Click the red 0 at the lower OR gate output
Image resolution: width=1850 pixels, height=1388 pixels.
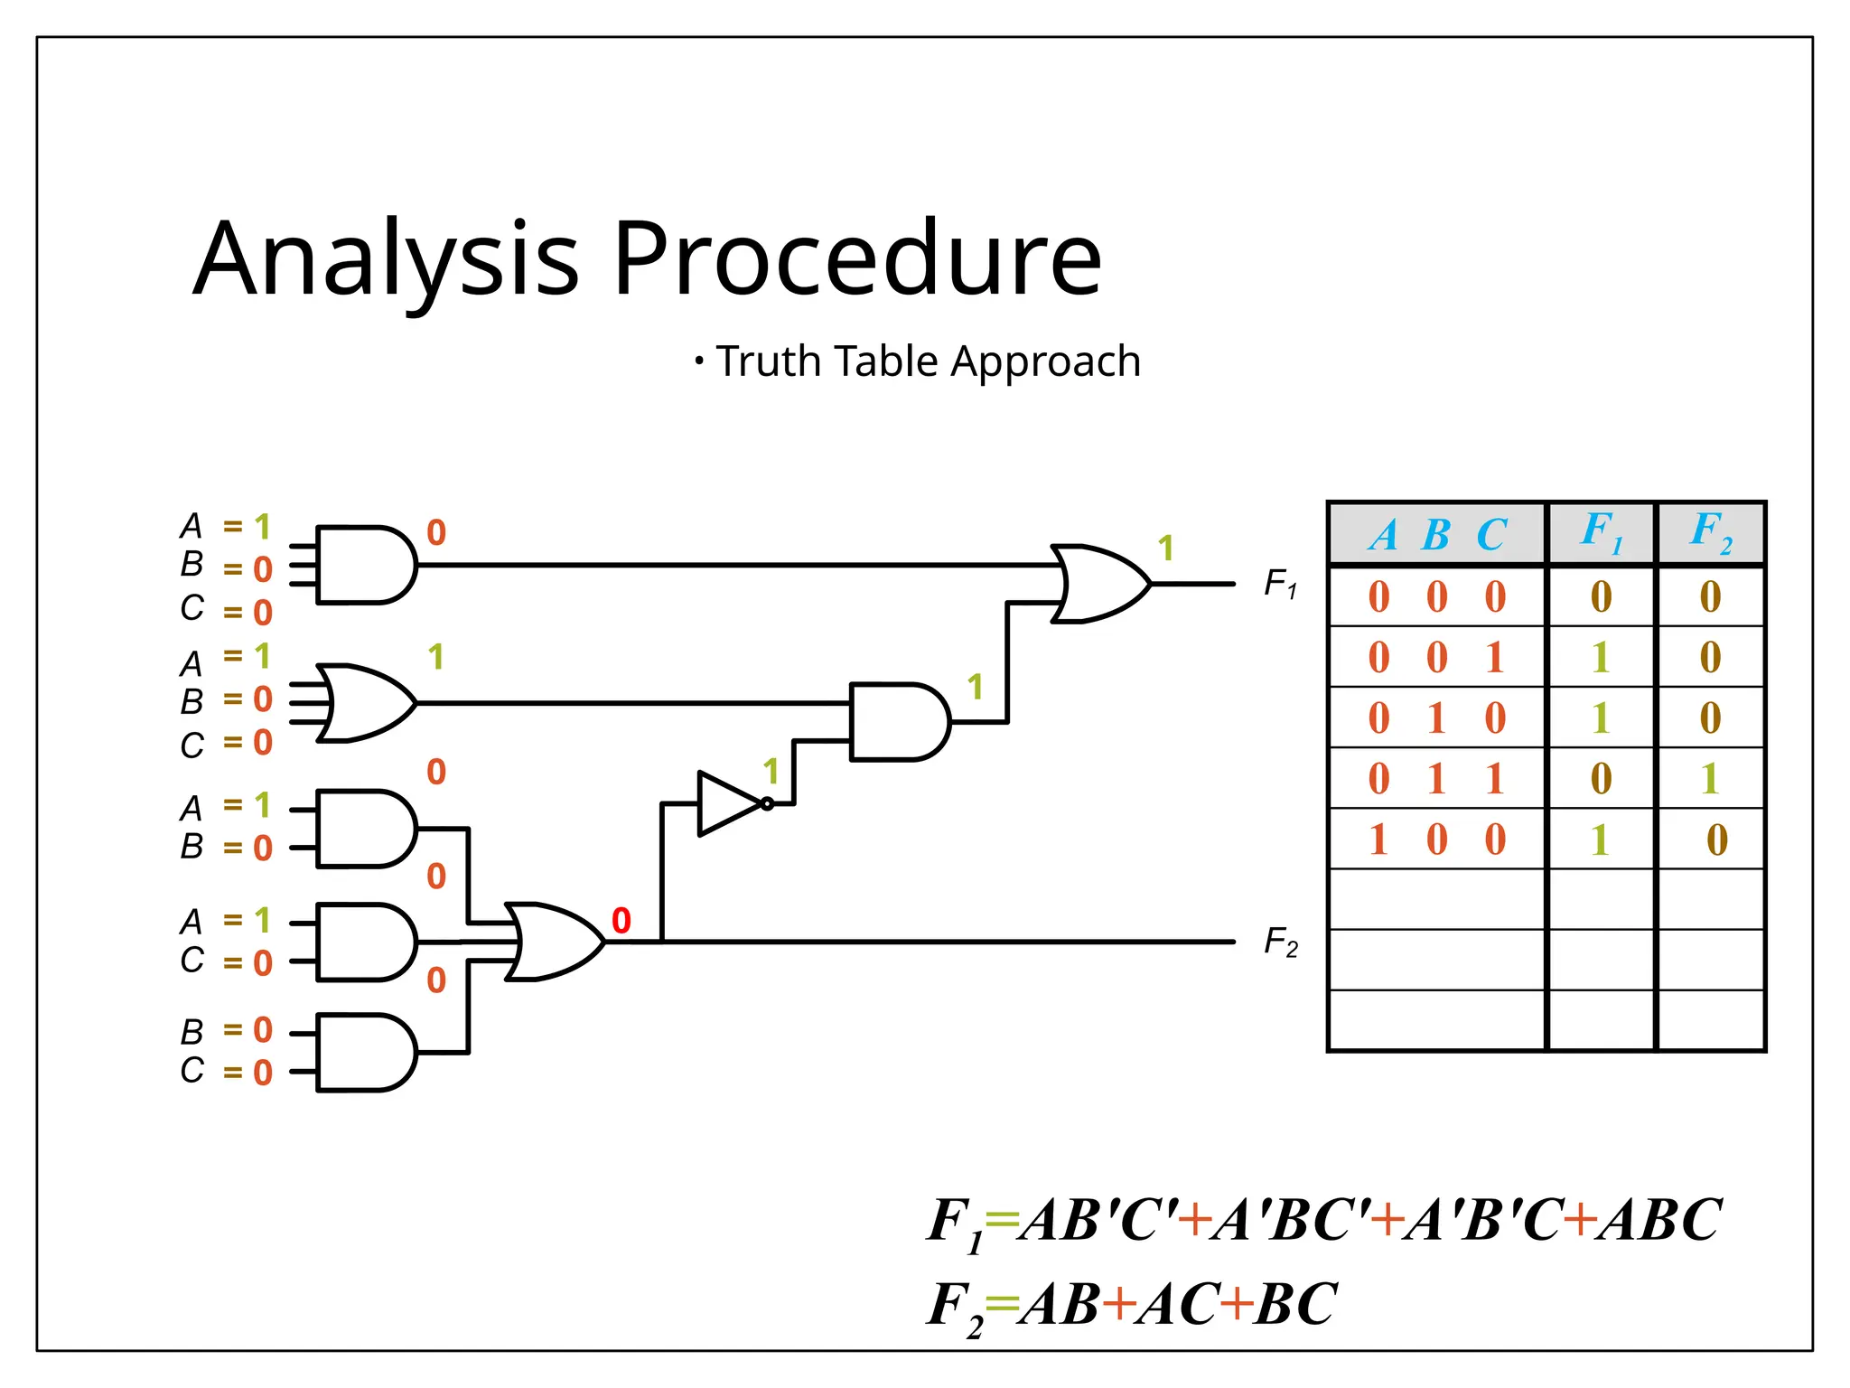tap(621, 921)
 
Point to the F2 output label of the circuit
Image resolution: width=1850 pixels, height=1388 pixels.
tap(1280, 942)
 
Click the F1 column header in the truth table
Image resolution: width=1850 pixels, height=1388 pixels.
tap(1601, 532)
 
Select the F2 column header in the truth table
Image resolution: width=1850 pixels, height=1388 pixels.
tap(1711, 532)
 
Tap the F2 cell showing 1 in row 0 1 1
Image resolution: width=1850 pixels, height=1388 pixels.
tap(1709, 779)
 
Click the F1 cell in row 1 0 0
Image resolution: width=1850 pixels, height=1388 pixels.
tap(1600, 840)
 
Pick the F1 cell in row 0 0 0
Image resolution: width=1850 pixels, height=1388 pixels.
tap(1601, 597)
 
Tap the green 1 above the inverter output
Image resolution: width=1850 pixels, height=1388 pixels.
tap(771, 772)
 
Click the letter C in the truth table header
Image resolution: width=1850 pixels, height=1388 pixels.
tap(1491, 535)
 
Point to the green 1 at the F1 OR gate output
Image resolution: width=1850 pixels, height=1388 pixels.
tap(1166, 548)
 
